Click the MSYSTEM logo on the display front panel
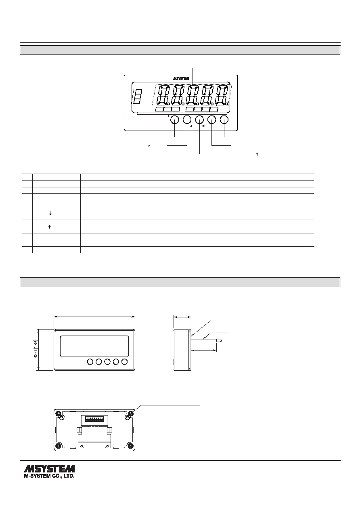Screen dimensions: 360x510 [x=181, y=79]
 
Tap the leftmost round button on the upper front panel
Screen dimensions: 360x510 [x=175, y=120]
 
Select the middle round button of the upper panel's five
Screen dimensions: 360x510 [x=199, y=120]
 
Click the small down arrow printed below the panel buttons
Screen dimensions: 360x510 [x=191, y=126]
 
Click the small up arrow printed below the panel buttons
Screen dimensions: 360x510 [x=203, y=126]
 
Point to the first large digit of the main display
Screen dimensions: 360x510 [x=163, y=95]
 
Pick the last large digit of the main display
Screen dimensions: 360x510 [x=222, y=95]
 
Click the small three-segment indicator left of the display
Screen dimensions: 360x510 [x=137, y=97]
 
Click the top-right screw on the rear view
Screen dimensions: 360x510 [x=130, y=413]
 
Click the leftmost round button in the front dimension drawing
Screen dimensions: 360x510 [x=90, y=361]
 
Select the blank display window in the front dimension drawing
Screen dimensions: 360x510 [x=94, y=346]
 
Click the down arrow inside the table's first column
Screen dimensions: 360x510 [x=50, y=213]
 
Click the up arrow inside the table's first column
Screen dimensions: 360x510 [x=50, y=227]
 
